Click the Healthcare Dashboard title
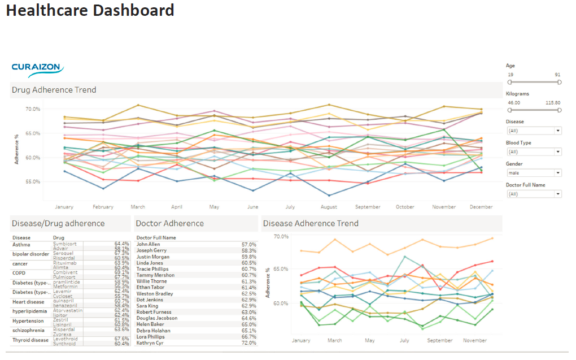coord(90,10)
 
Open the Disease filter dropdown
coord(534,131)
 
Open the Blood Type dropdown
coord(534,151)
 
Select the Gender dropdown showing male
coord(534,172)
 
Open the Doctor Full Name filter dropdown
coord(534,194)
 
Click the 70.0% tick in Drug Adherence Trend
coord(32,109)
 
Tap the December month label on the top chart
coord(481,207)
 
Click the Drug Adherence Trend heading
coord(54,90)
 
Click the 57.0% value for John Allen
coord(248,245)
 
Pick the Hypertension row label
coord(28,321)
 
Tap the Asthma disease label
coord(21,245)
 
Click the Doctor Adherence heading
coord(169,223)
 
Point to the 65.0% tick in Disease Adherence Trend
coord(281,269)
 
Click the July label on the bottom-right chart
coord(404,341)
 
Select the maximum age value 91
coord(558,75)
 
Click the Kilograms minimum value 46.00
coord(514,103)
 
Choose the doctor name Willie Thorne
coord(151,281)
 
